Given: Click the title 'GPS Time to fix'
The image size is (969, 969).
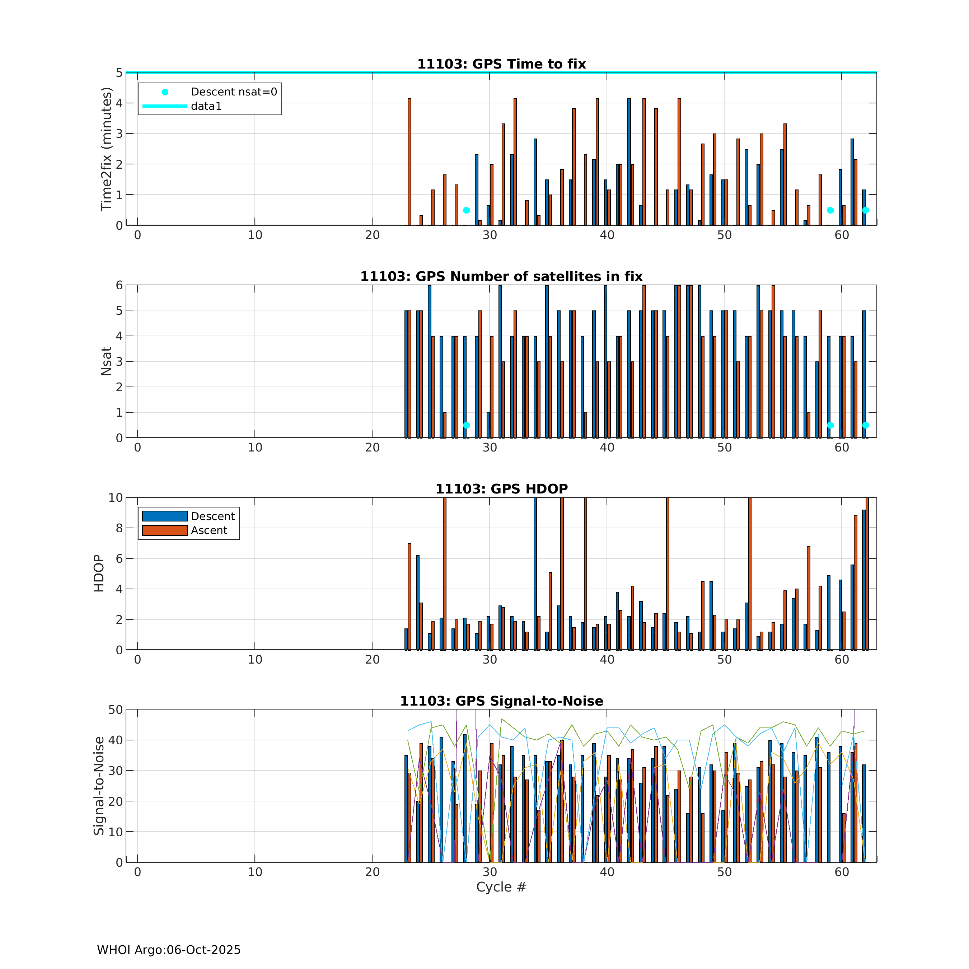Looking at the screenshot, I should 502,64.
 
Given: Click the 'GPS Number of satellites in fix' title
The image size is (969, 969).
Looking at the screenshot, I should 502,276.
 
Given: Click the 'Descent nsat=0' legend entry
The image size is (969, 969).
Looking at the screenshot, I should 233,92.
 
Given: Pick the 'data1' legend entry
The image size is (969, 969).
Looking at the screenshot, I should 206,106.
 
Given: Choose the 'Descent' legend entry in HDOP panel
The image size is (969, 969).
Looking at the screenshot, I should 213,516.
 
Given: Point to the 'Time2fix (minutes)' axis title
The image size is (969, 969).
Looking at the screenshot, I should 106,149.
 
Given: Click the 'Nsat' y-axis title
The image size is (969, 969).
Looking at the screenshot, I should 106,361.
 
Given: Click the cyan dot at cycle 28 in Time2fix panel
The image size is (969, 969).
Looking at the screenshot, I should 467,210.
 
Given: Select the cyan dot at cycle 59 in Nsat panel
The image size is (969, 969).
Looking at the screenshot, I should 830,425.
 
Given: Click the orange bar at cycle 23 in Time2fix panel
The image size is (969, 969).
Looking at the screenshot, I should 409,161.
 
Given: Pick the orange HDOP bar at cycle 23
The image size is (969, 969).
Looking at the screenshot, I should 409,596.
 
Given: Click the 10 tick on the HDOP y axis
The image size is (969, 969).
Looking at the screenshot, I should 115,497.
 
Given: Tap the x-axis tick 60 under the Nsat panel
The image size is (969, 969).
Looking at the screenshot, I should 842,448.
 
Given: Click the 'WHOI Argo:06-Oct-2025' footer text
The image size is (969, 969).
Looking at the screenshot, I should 169,950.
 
